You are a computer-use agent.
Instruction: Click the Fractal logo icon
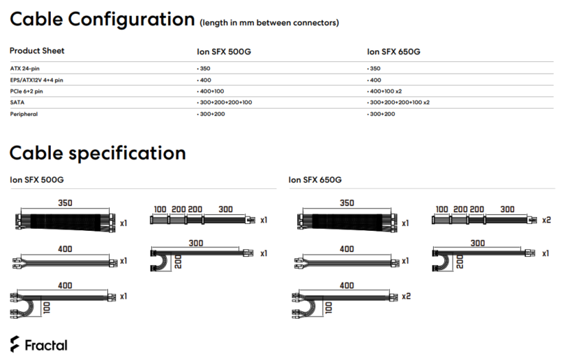(15, 344)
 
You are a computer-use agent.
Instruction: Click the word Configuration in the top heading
(131, 20)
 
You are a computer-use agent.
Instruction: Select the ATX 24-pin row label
(25, 68)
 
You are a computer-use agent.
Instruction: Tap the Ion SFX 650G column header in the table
(393, 52)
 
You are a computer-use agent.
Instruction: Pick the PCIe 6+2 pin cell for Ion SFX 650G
(384, 91)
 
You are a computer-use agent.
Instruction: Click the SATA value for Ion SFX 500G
(225, 103)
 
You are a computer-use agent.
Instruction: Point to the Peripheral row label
(24, 114)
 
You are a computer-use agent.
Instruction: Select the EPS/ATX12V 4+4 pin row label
(36, 80)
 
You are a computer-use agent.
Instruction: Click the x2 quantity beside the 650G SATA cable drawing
(547, 220)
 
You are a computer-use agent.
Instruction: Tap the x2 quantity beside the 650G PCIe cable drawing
(406, 297)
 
